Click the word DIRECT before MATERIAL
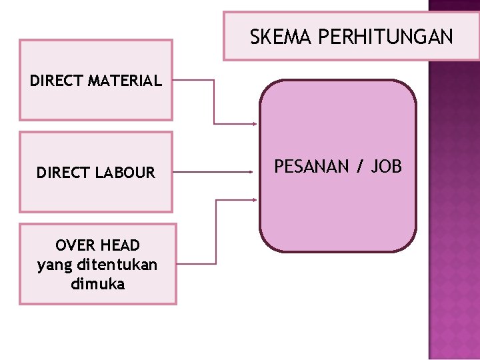click(54, 81)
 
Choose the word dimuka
click(97, 283)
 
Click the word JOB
click(387, 166)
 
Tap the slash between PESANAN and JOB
click(361, 166)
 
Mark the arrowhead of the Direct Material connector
click(255, 123)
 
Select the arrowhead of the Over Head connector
click(255, 199)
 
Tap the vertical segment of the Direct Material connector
click(214, 102)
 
